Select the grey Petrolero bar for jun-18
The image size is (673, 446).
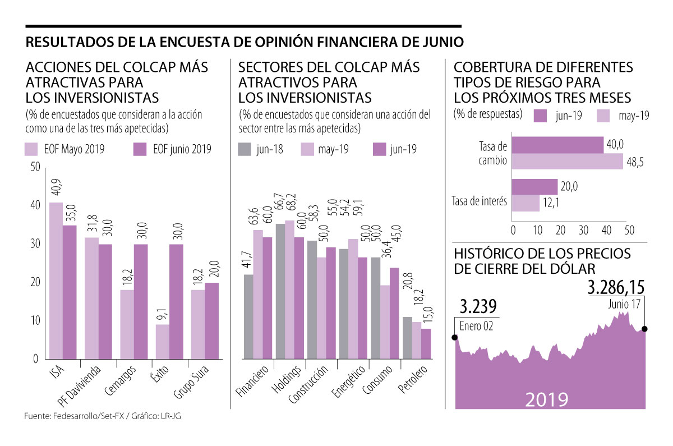(x=408, y=338)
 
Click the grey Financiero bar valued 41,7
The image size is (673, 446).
(x=248, y=316)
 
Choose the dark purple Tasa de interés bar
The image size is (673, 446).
(x=535, y=187)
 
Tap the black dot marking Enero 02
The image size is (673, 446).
(x=455, y=337)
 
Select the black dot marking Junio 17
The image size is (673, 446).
(x=645, y=329)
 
